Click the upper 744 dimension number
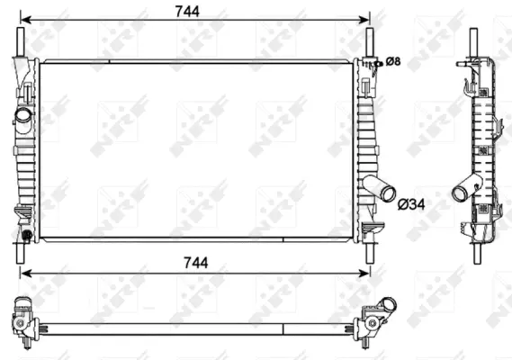[195, 9]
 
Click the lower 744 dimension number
[195, 262]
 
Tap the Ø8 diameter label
[393, 61]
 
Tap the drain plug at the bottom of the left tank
[27, 236]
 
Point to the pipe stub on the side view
[465, 190]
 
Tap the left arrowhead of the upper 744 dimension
[24, 18]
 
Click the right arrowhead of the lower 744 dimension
[364, 271]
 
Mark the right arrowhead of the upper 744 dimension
[364, 18]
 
